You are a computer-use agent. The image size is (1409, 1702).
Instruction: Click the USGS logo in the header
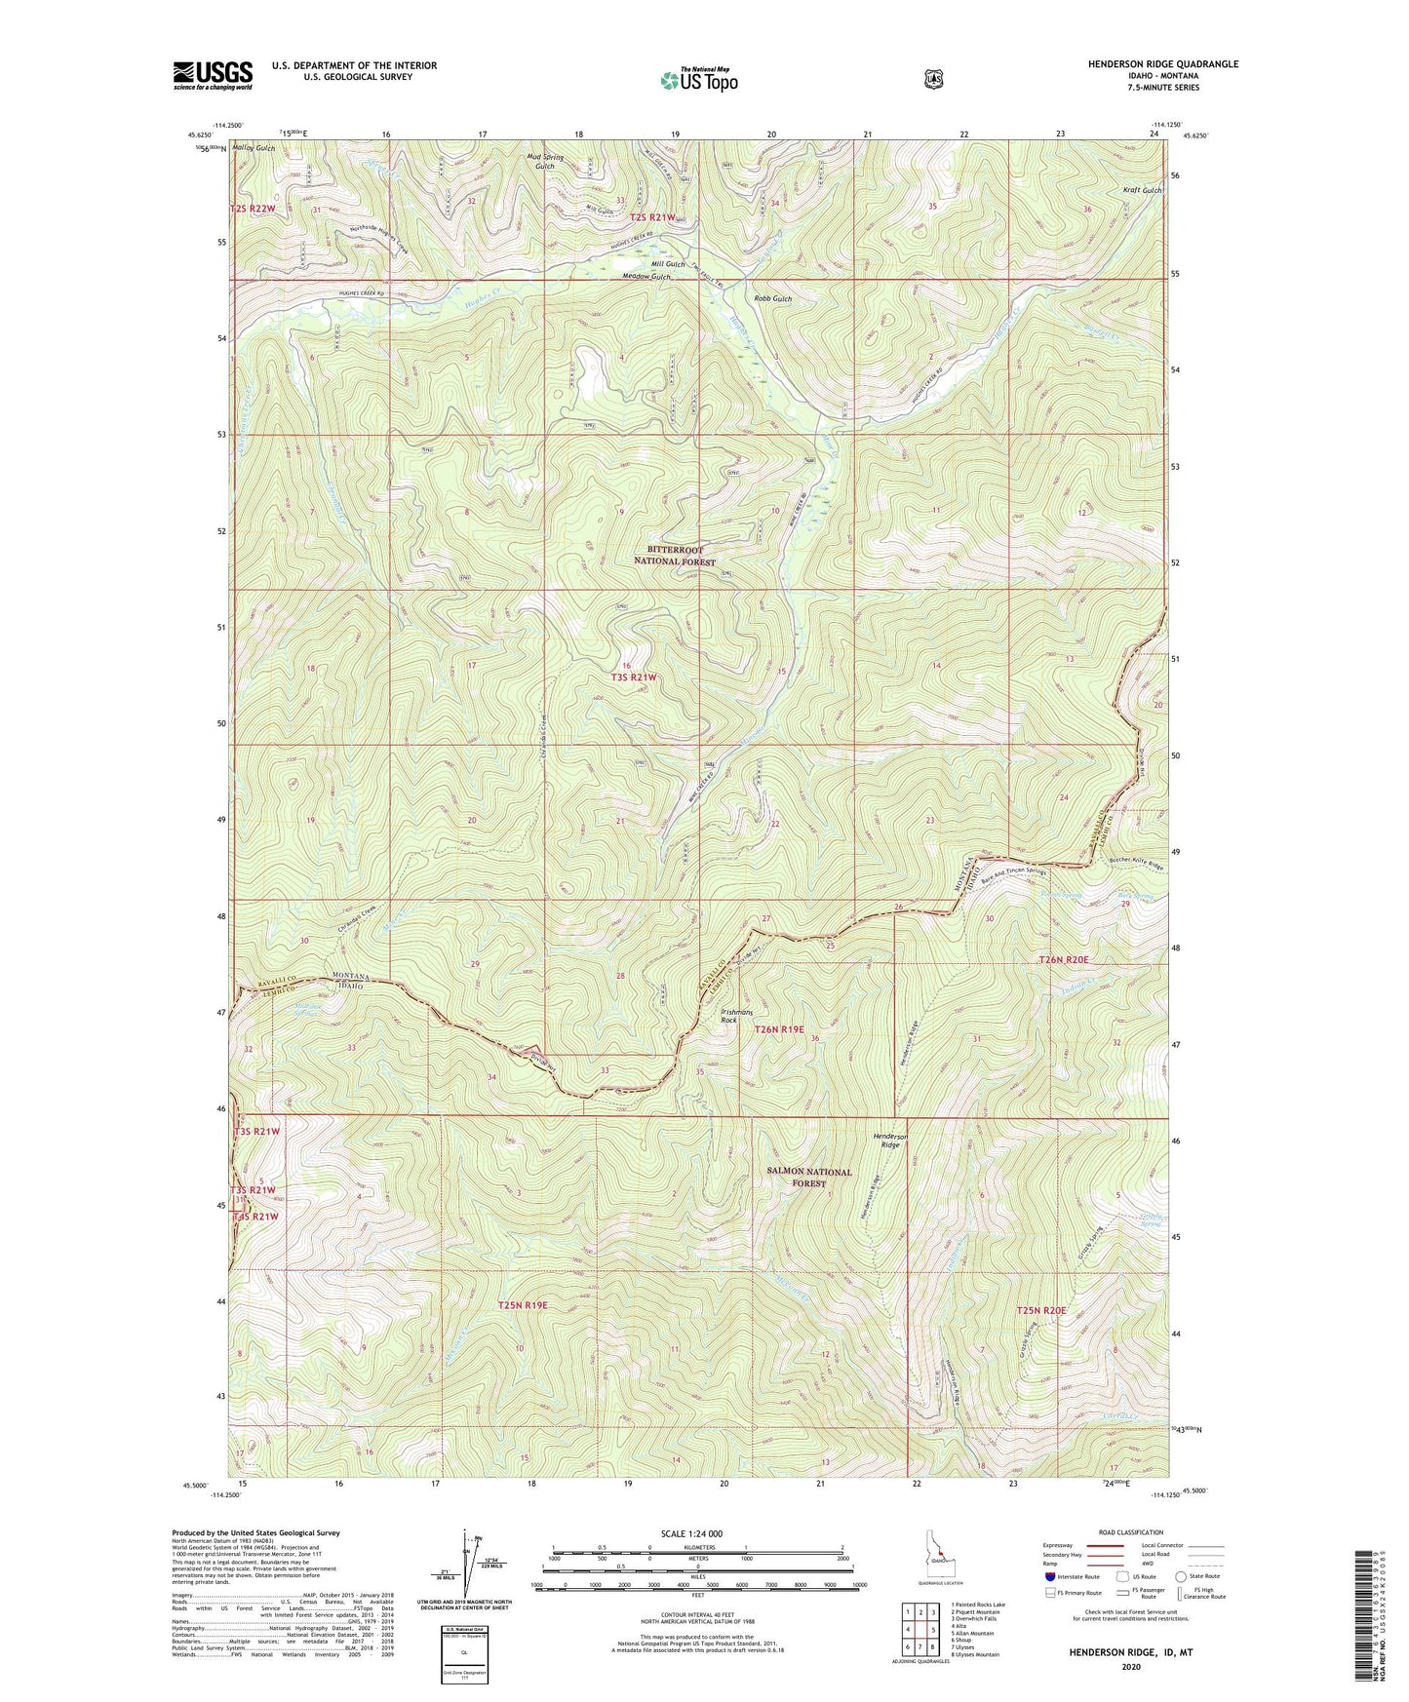point(213,75)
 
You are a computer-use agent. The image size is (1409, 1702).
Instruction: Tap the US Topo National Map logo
point(697,80)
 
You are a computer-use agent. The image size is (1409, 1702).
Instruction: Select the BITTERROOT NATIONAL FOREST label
point(675,556)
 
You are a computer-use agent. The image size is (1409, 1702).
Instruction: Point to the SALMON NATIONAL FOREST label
point(810,1178)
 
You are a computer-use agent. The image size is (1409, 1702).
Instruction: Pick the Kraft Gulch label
point(1142,190)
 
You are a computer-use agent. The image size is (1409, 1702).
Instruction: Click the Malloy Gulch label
point(253,148)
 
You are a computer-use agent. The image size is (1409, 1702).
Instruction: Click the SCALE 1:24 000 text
point(691,1533)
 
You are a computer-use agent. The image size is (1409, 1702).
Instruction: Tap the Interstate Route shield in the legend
point(1050,1576)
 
